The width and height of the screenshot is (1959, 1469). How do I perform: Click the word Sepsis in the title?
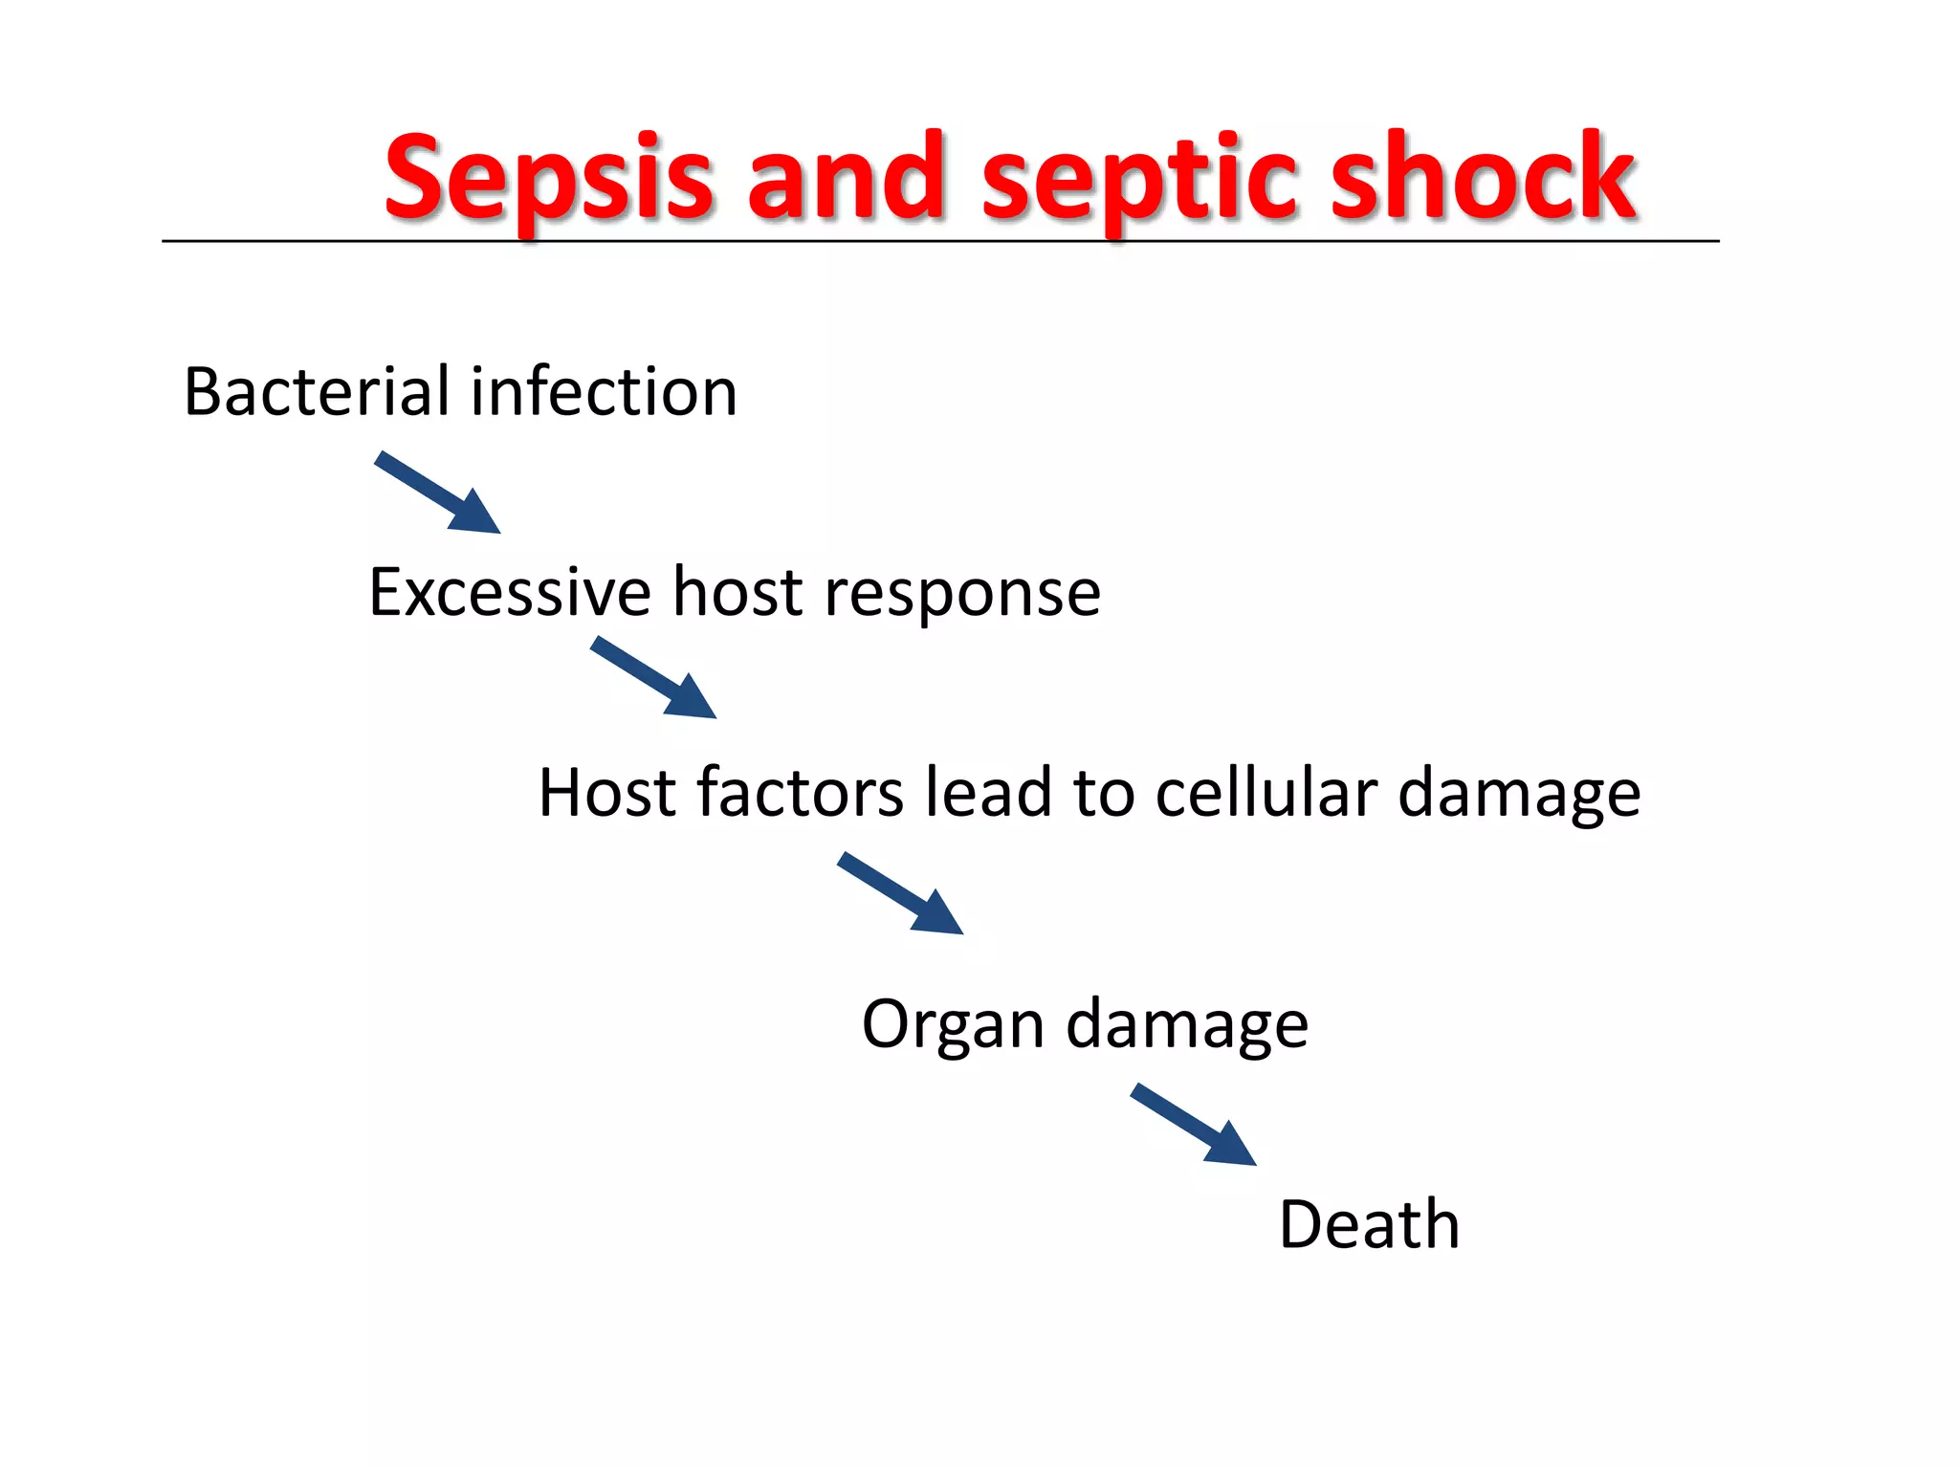click(548, 179)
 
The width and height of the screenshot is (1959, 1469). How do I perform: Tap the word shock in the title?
click(1483, 179)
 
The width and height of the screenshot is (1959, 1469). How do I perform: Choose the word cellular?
click(1266, 793)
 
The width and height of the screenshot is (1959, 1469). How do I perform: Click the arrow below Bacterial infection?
click(438, 493)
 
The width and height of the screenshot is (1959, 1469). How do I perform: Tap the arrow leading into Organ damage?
click(901, 894)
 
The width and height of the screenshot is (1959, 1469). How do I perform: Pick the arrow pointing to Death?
click(1194, 1125)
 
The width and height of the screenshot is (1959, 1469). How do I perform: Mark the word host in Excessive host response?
click(737, 592)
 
